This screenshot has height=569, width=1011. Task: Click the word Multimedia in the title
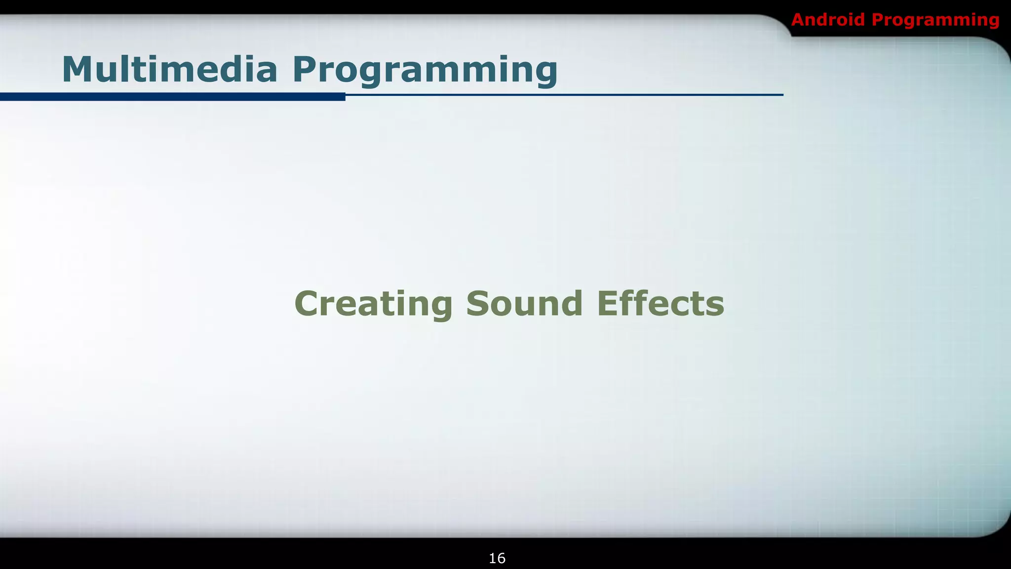pos(169,70)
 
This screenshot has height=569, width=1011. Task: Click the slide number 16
pos(497,558)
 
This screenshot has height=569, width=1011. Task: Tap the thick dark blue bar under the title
pos(173,97)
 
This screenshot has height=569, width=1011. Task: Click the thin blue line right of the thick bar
pos(563,94)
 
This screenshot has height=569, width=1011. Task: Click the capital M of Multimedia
pos(77,70)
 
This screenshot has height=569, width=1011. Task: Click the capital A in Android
pos(799,20)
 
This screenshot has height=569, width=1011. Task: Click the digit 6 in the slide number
pos(501,558)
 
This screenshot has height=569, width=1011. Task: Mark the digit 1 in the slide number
pos(493,558)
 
